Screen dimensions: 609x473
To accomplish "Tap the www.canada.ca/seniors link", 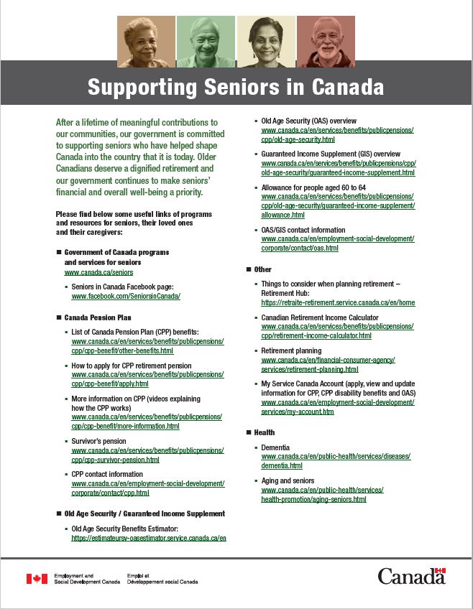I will pyautogui.click(x=98, y=273).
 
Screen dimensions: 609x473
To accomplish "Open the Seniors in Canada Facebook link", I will pyautogui.click(x=126, y=296).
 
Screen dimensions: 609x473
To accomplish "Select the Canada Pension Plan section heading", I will pyautogui.click(x=98, y=317).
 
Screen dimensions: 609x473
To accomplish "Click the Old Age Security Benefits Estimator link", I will pyautogui.click(x=149, y=537).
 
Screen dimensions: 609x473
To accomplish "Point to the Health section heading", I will pyautogui.click(x=265, y=432).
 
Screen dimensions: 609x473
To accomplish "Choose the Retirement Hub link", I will pyautogui.click(x=338, y=303).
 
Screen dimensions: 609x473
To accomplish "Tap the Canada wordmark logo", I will pyautogui.click(x=411, y=576).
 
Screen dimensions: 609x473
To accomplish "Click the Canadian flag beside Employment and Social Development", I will pyautogui.click(x=37, y=579).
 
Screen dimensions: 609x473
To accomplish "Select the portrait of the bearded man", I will pyautogui.click(x=326, y=42).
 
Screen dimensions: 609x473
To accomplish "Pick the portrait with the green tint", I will pyautogui.click(x=205, y=42).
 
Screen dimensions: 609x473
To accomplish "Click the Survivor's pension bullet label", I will pyautogui.click(x=98, y=441).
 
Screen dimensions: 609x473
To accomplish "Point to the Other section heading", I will pyautogui.click(x=262, y=269).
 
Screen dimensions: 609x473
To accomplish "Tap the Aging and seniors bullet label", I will pyautogui.click(x=288, y=480).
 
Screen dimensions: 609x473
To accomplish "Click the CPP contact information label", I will pyautogui.click(x=107, y=474).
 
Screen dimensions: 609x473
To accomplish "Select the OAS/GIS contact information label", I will pyautogui.click(x=303, y=230).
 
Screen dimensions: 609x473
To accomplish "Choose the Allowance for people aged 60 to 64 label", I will pyautogui.click(x=313, y=187).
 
